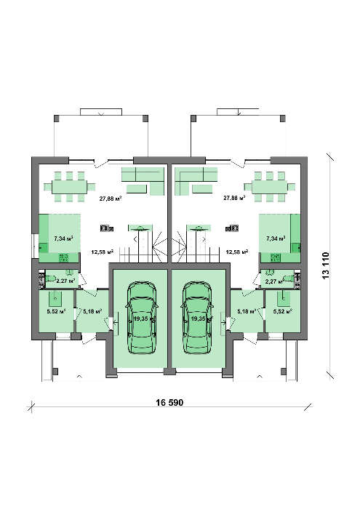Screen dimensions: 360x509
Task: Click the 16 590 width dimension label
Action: (169, 403)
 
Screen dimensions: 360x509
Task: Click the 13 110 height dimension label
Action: (326, 265)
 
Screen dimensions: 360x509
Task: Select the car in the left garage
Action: (143, 318)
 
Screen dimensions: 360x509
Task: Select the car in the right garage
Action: (197, 318)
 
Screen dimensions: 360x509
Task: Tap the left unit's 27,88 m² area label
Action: (111, 199)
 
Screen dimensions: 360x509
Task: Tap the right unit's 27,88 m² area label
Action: (234, 198)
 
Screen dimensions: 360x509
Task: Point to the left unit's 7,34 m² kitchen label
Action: (63, 239)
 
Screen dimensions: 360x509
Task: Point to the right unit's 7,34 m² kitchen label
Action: (276, 239)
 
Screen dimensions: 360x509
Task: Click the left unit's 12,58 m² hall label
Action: (102, 252)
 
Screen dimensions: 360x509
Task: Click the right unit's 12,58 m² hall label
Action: (237, 252)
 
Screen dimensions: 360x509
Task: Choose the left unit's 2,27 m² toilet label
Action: (66, 281)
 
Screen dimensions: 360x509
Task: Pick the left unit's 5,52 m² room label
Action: (57, 311)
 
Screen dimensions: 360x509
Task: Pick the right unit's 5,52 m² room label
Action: (283, 311)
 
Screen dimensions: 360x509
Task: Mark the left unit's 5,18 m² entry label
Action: (93, 311)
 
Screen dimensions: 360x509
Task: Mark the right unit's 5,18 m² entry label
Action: (247, 311)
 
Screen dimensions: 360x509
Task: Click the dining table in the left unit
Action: (70, 187)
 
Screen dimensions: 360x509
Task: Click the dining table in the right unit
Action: (269, 187)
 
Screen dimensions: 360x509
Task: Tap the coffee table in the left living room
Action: (137, 188)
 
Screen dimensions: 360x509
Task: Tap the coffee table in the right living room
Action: (202, 188)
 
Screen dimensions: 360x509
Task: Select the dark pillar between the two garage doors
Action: (169, 371)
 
